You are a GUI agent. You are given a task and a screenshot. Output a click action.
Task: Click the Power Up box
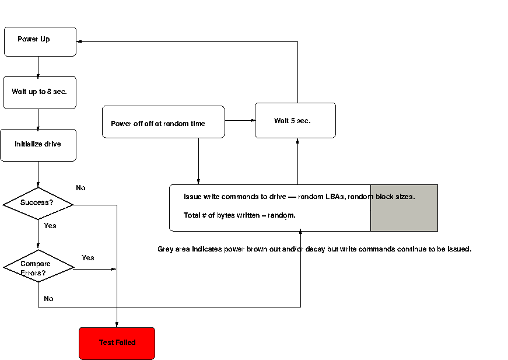pyautogui.click(x=40, y=41)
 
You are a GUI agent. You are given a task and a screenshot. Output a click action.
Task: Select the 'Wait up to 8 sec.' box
pyautogui.click(x=40, y=93)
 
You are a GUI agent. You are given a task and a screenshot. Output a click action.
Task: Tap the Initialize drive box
pyautogui.click(x=38, y=145)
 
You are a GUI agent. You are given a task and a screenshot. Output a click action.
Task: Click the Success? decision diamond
pyautogui.click(x=38, y=204)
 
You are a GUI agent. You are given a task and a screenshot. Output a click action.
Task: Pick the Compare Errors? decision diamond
pyautogui.click(x=38, y=266)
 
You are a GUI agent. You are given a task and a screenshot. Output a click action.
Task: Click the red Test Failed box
pyautogui.click(x=117, y=344)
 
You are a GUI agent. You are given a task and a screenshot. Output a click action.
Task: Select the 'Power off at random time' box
pyautogui.click(x=163, y=122)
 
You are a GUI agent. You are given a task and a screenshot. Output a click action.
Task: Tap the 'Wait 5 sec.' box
pyautogui.click(x=296, y=121)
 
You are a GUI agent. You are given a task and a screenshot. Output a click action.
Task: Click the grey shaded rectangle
pyautogui.click(x=404, y=208)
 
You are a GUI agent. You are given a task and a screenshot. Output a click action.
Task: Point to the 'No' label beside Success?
pyautogui.click(x=80, y=188)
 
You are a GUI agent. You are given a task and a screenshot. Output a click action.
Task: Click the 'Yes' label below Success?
pyautogui.click(x=50, y=226)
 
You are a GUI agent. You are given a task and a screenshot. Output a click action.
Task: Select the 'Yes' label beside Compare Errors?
pyautogui.click(x=88, y=258)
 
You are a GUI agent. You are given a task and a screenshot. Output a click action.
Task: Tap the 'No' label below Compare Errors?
pyautogui.click(x=48, y=298)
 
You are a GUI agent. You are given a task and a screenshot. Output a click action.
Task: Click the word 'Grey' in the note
pyautogui.click(x=165, y=249)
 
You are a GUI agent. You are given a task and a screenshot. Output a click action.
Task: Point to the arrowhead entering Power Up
pyautogui.click(x=79, y=41)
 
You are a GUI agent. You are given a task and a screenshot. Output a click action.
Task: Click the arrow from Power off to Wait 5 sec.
pyautogui.click(x=240, y=121)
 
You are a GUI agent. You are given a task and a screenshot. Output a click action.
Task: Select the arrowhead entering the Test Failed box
pyautogui.click(x=117, y=324)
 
